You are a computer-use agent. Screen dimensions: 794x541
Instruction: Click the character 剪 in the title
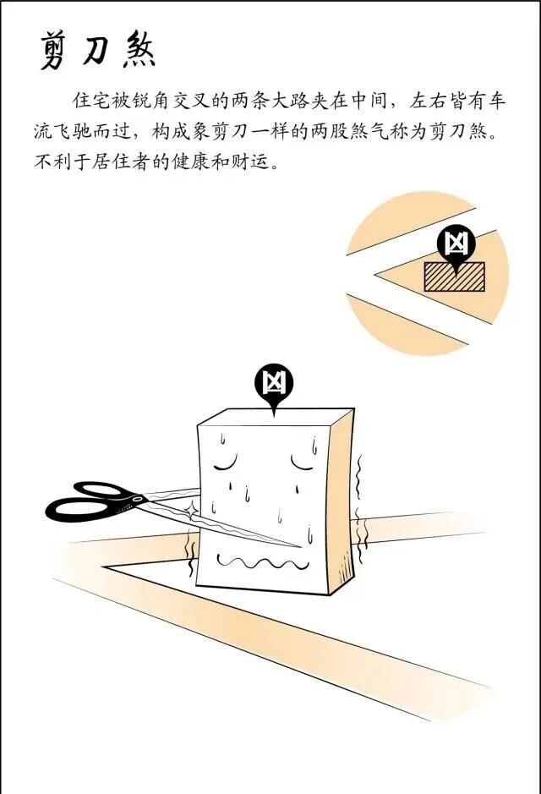pos(57,52)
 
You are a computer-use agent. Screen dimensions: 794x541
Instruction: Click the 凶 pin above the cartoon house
pos(273,385)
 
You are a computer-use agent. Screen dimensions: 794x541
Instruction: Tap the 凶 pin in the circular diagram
pos(456,244)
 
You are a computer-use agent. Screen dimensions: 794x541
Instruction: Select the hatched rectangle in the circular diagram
pos(454,276)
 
